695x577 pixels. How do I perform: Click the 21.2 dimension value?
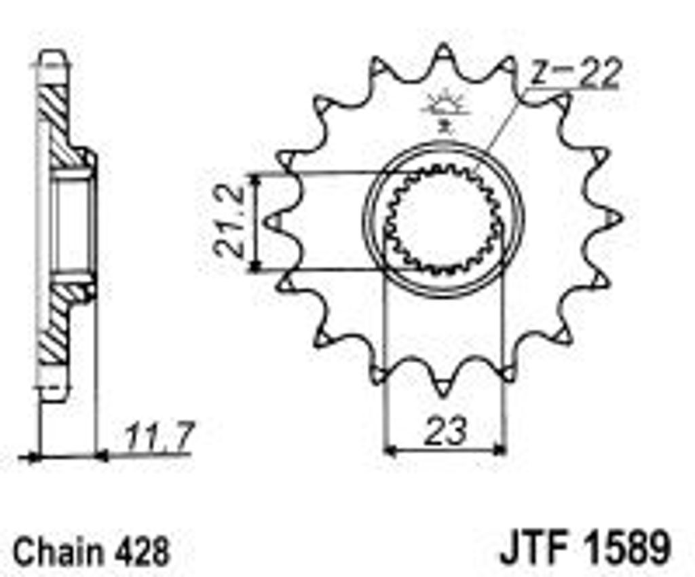(x=229, y=221)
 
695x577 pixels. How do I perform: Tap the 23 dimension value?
(x=445, y=430)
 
